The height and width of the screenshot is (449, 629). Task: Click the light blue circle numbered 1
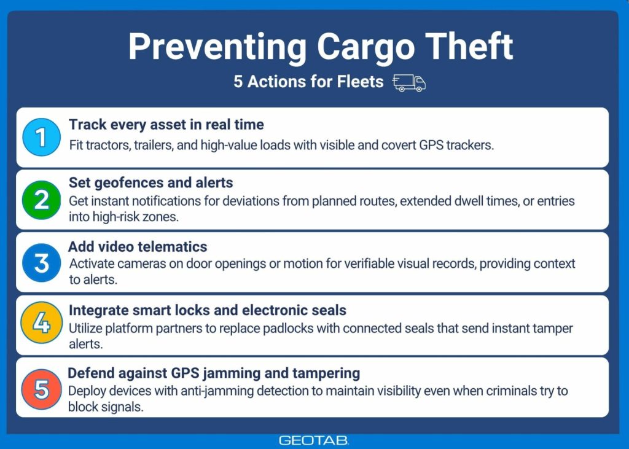[41, 137]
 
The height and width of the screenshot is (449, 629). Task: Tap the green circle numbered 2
[41, 200]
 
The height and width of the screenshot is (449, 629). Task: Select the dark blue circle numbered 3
[41, 262]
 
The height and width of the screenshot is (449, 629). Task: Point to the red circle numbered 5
[41, 388]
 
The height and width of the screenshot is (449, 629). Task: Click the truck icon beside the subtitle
[408, 83]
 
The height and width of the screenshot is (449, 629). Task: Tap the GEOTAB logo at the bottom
[314, 440]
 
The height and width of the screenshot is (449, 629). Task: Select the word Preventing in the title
[217, 46]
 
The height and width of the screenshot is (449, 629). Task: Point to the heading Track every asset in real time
[166, 125]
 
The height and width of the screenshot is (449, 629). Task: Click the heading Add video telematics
[138, 246]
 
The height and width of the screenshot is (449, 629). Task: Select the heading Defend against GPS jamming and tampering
[214, 373]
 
